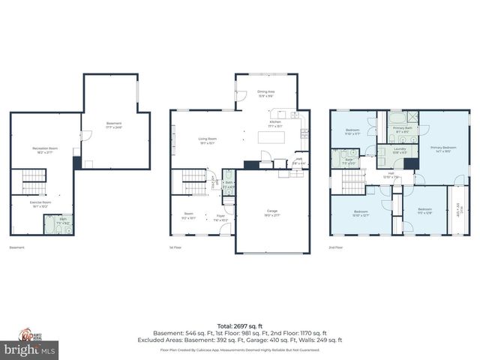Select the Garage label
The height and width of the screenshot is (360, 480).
[x=272, y=213]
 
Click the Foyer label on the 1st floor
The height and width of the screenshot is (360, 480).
[x=221, y=217]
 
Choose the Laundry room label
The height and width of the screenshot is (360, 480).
[x=400, y=151]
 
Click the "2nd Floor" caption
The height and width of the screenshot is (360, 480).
[x=337, y=247]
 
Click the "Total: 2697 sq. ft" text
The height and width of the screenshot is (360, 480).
[x=239, y=326]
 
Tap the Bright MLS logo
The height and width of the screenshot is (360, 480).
[x=29, y=349]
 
